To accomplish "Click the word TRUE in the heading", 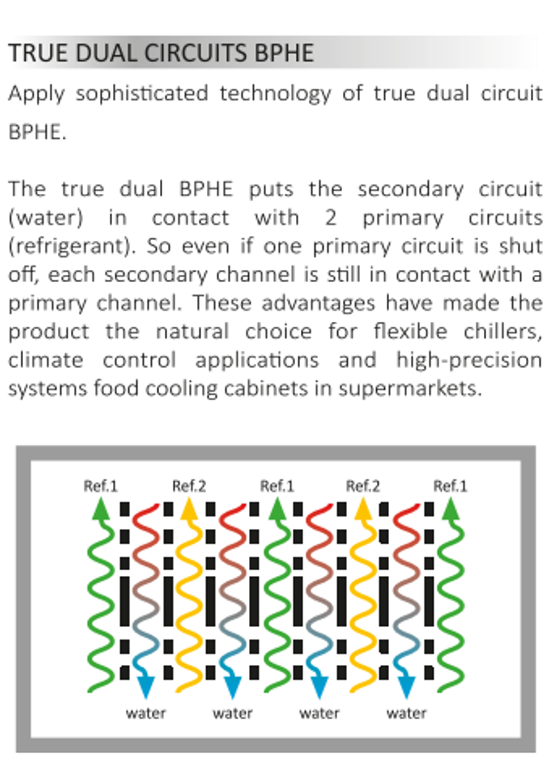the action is click(38, 53).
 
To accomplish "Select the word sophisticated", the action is click(142, 94).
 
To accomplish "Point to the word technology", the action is click(275, 94).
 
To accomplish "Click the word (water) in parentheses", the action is click(46, 218).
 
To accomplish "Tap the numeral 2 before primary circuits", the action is click(330, 218).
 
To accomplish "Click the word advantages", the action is click(319, 304).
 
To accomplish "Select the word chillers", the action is click(503, 332).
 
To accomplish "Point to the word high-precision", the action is click(469, 361).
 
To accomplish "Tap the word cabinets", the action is click(266, 389).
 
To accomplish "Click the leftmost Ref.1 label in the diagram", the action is click(101, 486).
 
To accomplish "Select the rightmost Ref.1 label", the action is click(451, 486).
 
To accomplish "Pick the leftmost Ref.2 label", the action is click(189, 486).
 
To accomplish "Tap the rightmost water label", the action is click(407, 713).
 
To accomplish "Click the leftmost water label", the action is click(146, 713).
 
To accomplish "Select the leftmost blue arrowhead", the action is click(146, 688).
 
